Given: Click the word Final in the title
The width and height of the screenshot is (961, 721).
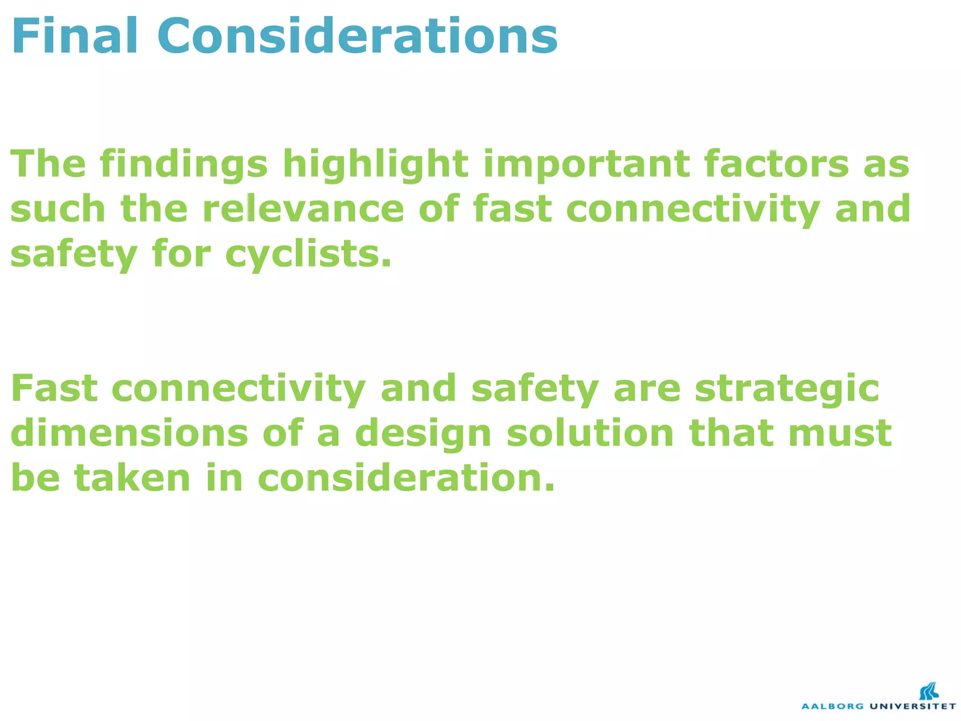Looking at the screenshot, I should [75, 37].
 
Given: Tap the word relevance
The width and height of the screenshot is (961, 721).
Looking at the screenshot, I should [303, 209].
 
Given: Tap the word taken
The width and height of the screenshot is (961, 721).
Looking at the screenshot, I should [133, 478].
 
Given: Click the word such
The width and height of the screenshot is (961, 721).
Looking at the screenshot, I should [58, 209].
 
